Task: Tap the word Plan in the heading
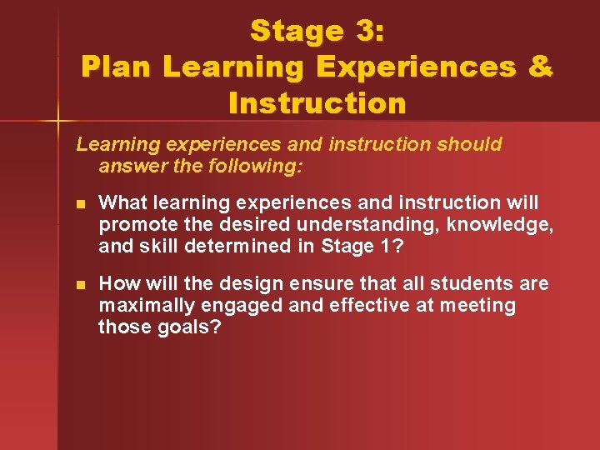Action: click(117, 67)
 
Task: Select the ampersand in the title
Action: click(539, 67)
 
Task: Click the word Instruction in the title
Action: click(317, 103)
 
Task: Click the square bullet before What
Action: click(80, 204)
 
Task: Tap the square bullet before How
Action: click(80, 285)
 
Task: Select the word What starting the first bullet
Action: click(122, 203)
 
